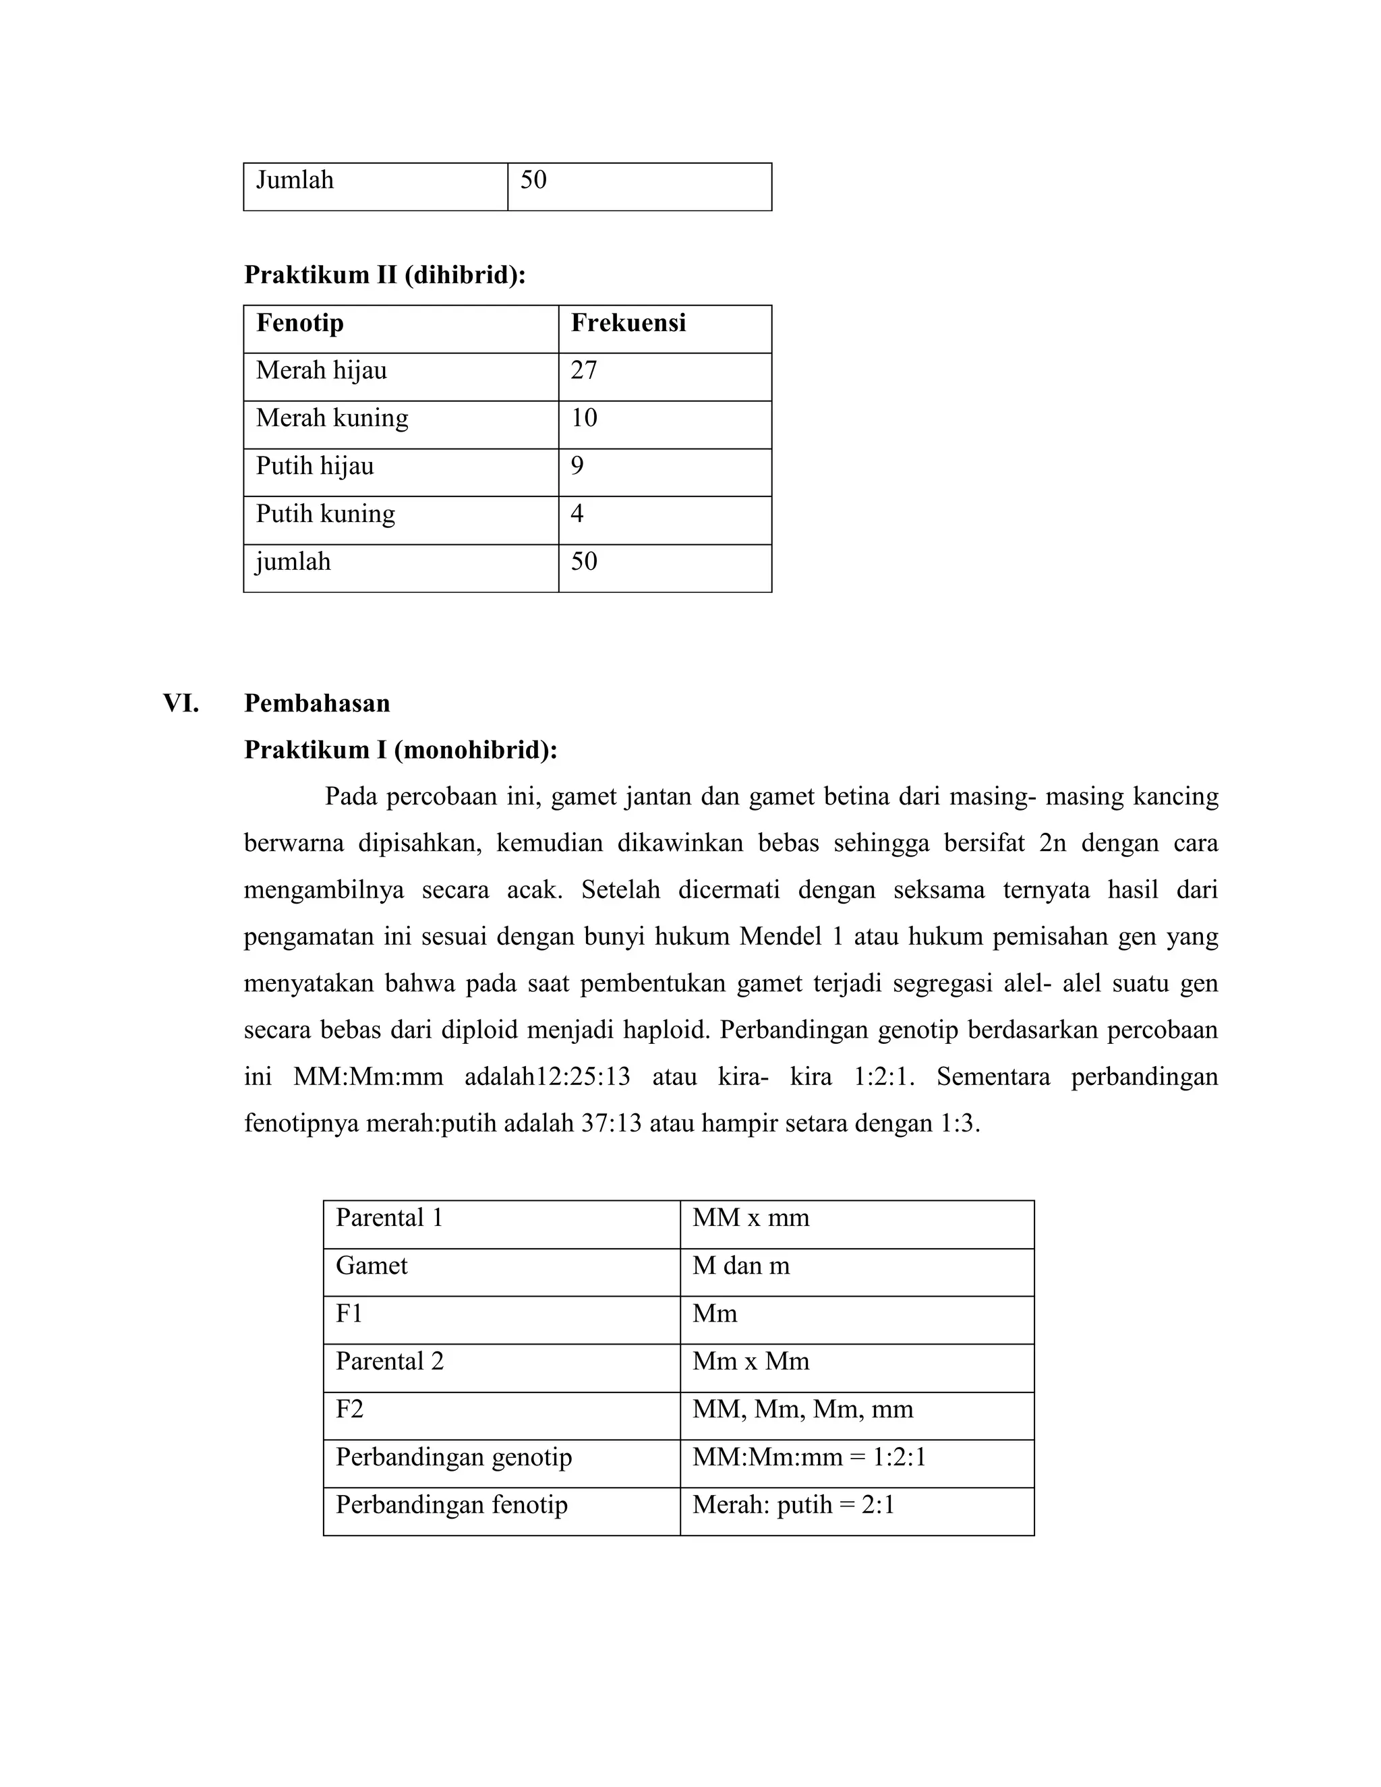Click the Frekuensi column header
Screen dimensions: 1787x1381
(x=628, y=323)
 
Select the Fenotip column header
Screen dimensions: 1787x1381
(x=299, y=323)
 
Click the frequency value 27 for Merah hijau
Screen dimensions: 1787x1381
(x=583, y=371)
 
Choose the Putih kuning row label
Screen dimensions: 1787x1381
(x=325, y=514)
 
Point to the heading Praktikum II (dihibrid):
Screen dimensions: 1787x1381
(x=384, y=275)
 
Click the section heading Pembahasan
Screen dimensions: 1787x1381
(x=317, y=703)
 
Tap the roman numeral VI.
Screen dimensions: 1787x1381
(x=181, y=703)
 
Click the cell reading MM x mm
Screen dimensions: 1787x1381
(x=751, y=1219)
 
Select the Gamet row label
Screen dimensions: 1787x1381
(x=371, y=1266)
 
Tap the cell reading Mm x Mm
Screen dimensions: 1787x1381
(x=751, y=1361)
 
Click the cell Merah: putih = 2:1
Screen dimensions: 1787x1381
(x=793, y=1504)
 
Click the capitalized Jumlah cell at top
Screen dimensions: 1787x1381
(x=295, y=180)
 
